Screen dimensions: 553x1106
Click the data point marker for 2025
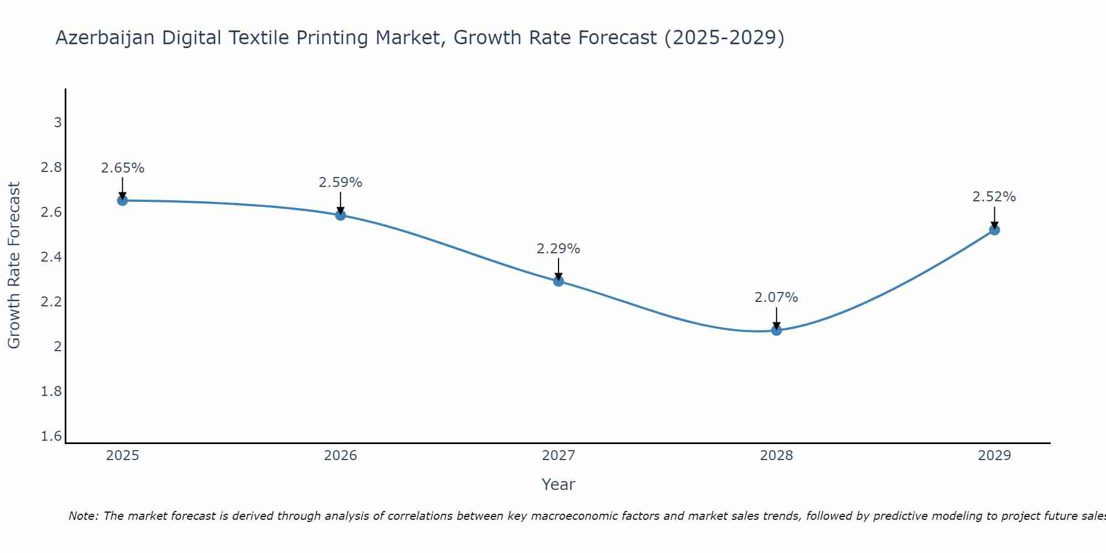click(122, 200)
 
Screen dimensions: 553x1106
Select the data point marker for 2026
click(341, 215)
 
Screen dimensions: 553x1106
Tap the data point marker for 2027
click(559, 281)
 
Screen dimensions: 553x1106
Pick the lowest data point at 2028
click(776, 330)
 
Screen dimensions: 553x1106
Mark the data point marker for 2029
click(994, 229)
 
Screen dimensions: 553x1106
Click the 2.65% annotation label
click(122, 168)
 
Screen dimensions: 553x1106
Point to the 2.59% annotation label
click(341, 182)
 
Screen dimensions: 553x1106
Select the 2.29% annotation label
click(559, 249)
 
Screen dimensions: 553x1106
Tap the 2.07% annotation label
click(776, 298)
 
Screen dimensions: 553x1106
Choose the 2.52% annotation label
click(994, 197)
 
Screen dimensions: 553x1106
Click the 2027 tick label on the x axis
click(559, 456)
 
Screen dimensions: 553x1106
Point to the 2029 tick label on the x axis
click(994, 456)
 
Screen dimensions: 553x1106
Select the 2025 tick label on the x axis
click(122, 456)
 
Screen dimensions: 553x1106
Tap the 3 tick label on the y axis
click(58, 123)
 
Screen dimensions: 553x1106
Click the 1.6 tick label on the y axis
click(51, 436)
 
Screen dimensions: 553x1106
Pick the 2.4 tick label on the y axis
click(51, 257)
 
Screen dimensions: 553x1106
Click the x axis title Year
click(559, 484)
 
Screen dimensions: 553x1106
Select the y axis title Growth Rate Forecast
click(14, 265)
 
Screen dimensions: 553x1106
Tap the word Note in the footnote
click(83, 516)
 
